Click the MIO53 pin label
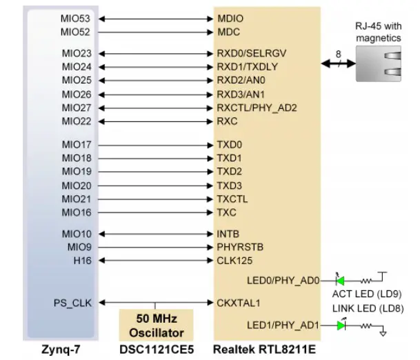click(76, 18)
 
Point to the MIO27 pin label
click(76, 108)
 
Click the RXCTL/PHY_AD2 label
click(257, 108)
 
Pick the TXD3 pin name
click(229, 186)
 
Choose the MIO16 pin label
click(76, 212)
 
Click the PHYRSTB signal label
click(239, 246)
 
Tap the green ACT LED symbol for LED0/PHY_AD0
click(340, 280)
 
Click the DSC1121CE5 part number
click(156, 350)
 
